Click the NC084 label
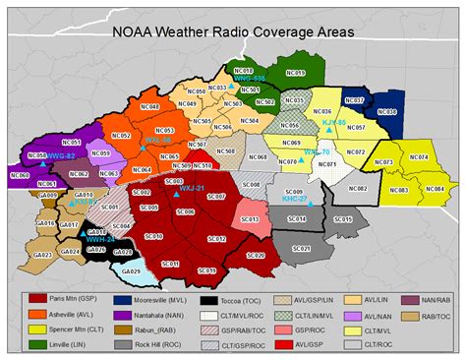(433, 188)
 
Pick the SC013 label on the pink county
(250, 219)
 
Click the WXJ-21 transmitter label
(192, 187)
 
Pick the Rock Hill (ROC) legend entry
(162, 344)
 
